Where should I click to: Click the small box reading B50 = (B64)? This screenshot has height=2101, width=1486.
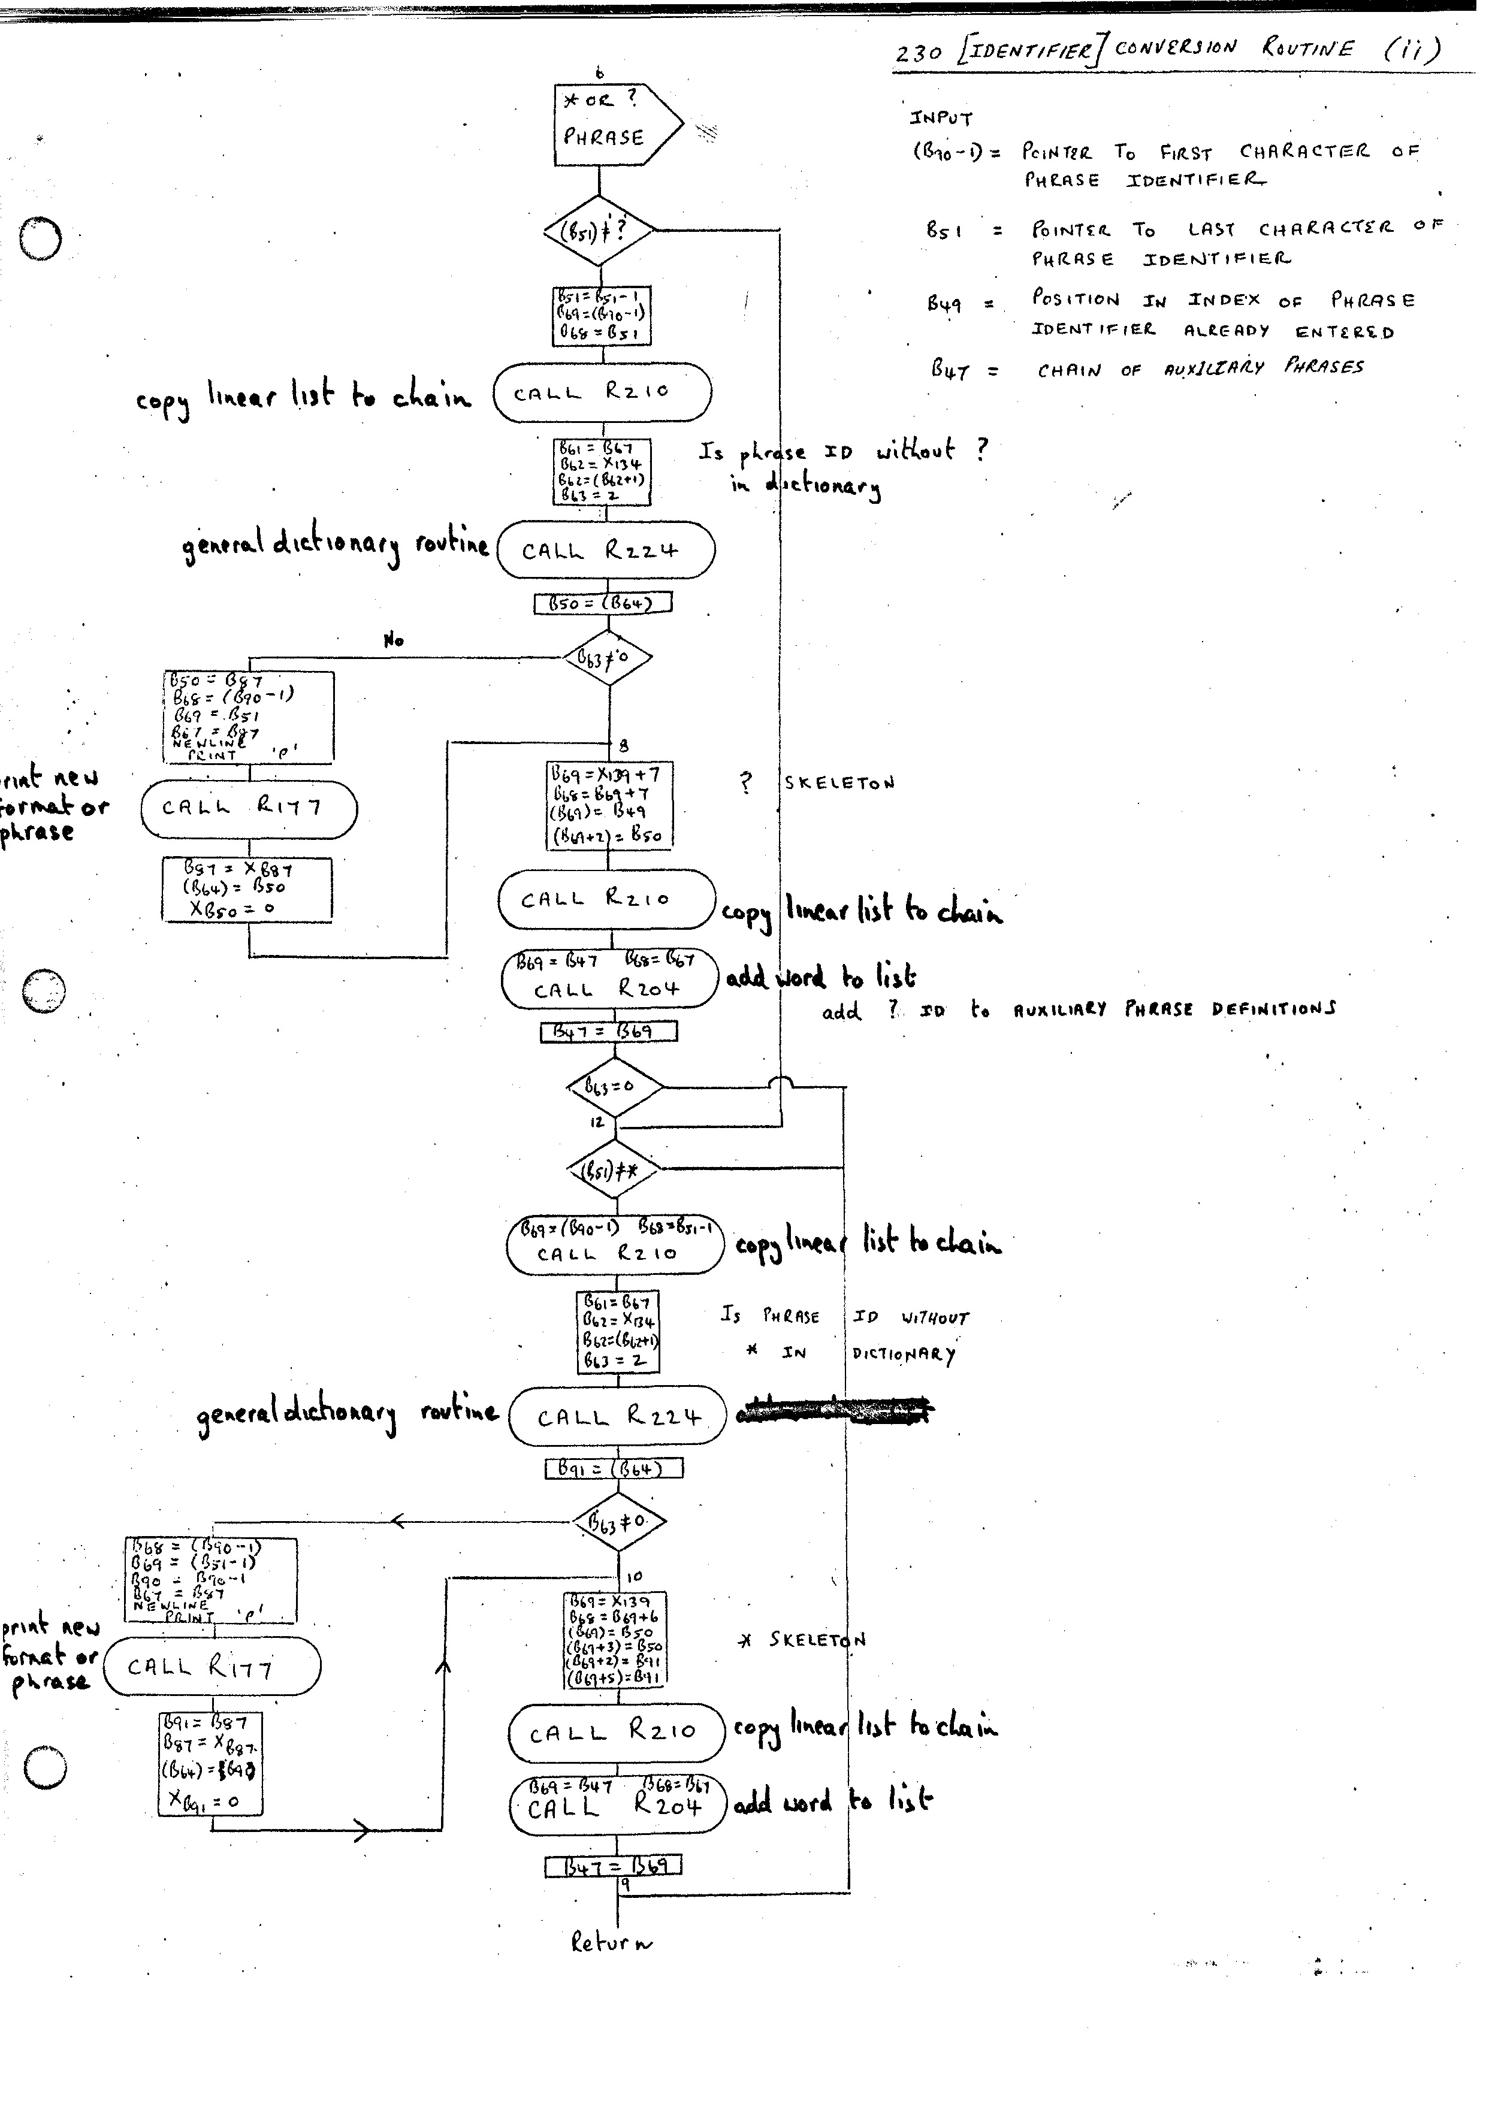[603, 603]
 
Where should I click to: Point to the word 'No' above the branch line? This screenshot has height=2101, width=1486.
[394, 640]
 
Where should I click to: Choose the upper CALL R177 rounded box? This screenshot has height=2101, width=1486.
[249, 809]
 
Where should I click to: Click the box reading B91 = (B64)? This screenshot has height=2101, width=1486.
[614, 1469]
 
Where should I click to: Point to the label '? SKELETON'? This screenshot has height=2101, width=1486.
[817, 782]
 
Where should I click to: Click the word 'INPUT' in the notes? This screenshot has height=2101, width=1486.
[941, 118]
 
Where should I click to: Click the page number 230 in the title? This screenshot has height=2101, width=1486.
[918, 53]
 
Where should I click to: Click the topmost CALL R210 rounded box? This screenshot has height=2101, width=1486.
[602, 392]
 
